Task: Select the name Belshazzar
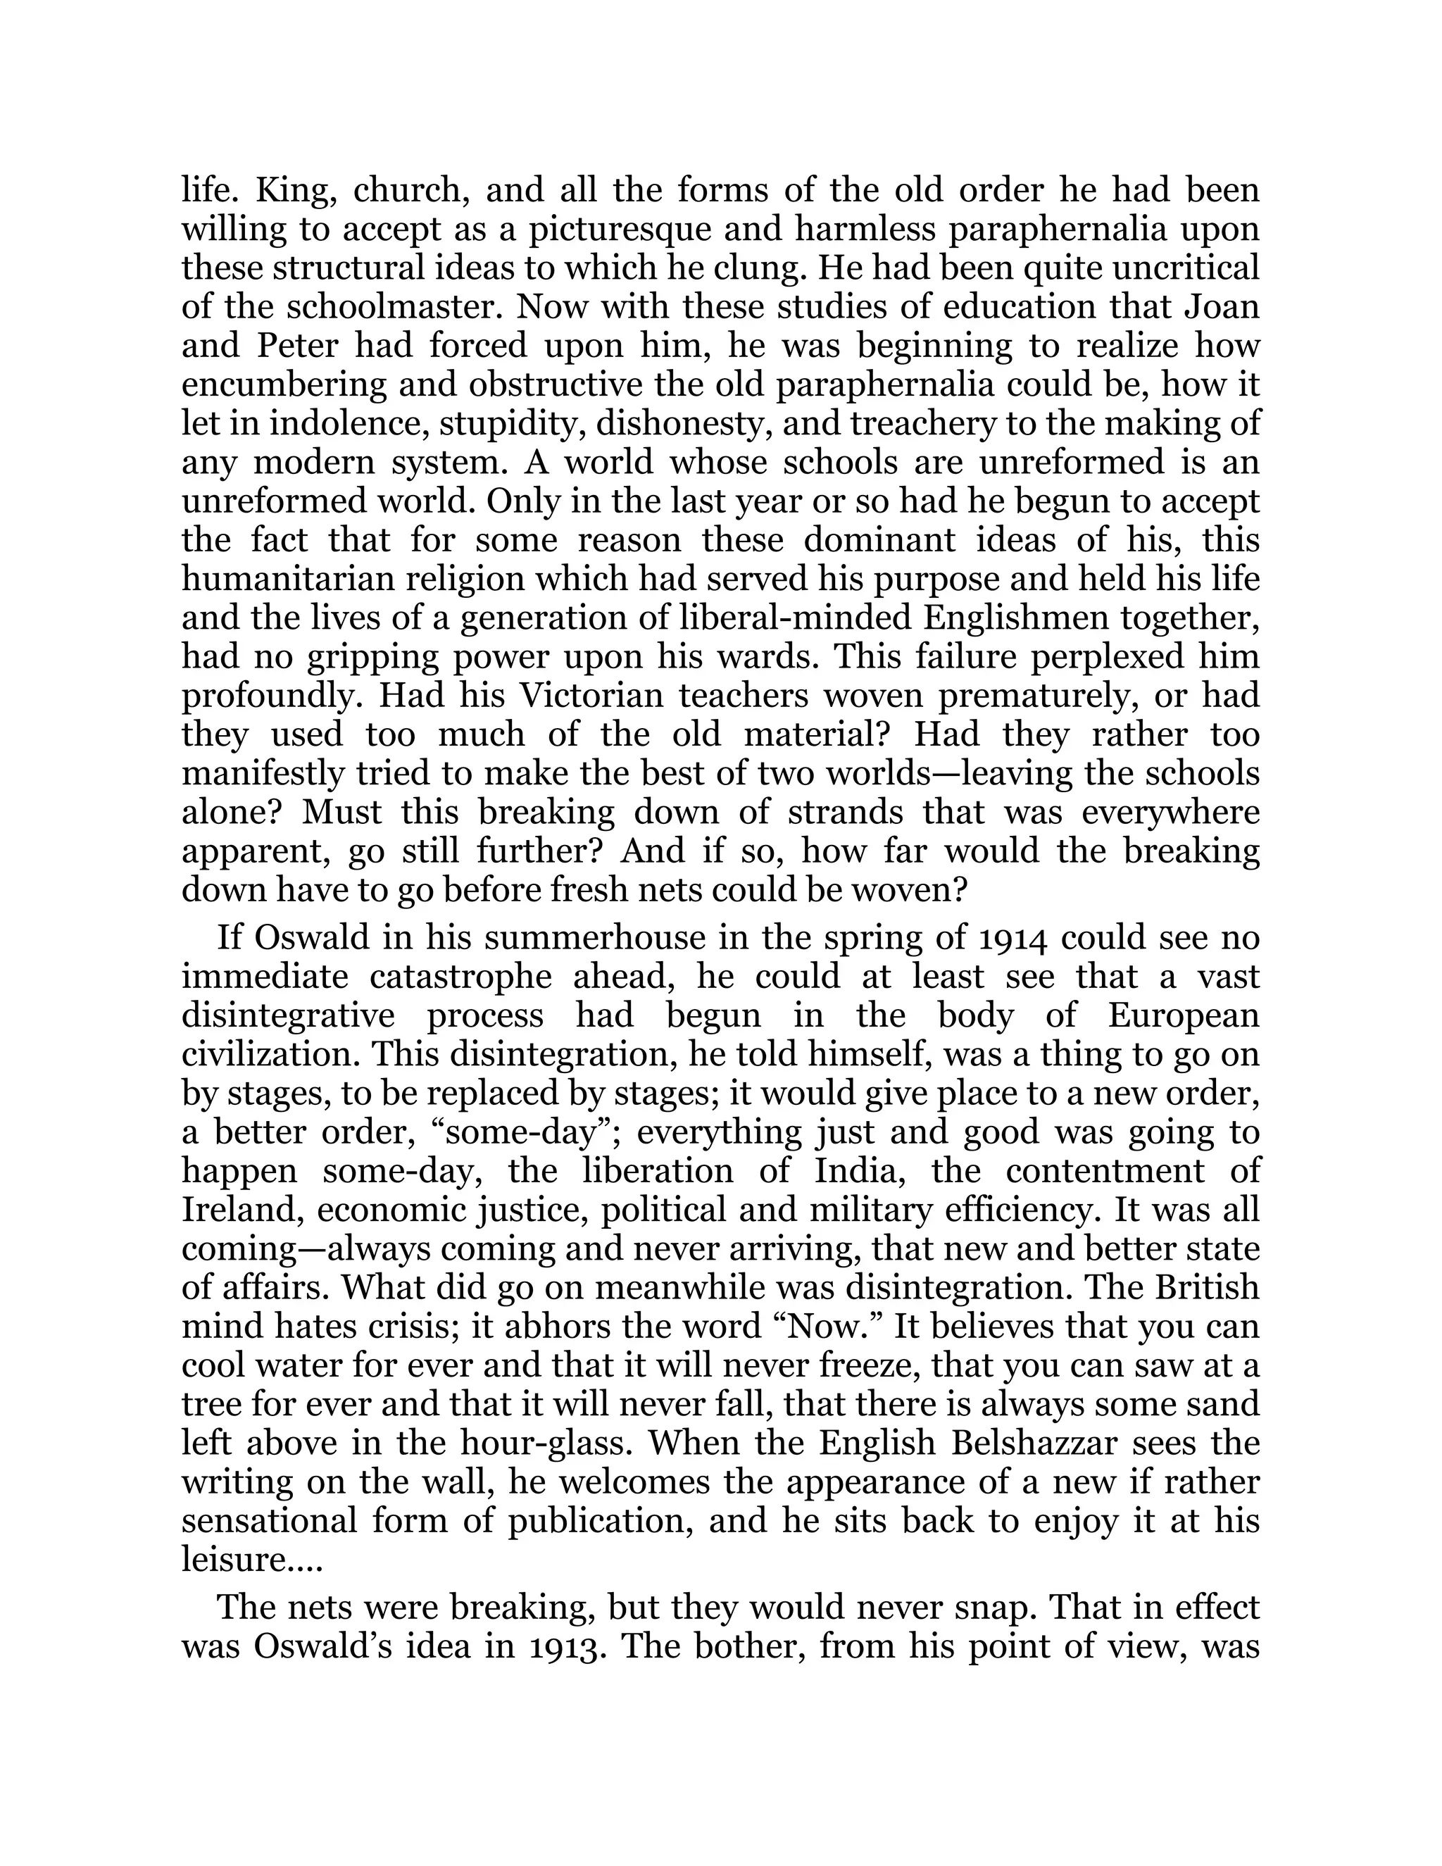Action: pos(1012,1445)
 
